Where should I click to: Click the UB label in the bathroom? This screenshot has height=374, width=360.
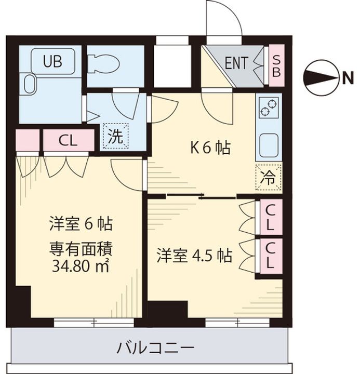pos(52,61)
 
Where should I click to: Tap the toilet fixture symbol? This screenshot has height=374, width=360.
pos(104,64)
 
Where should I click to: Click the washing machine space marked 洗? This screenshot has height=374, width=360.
pos(115,136)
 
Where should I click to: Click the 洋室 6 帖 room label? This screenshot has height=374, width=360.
pos(81,224)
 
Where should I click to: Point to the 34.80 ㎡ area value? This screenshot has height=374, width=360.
pos(81,268)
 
